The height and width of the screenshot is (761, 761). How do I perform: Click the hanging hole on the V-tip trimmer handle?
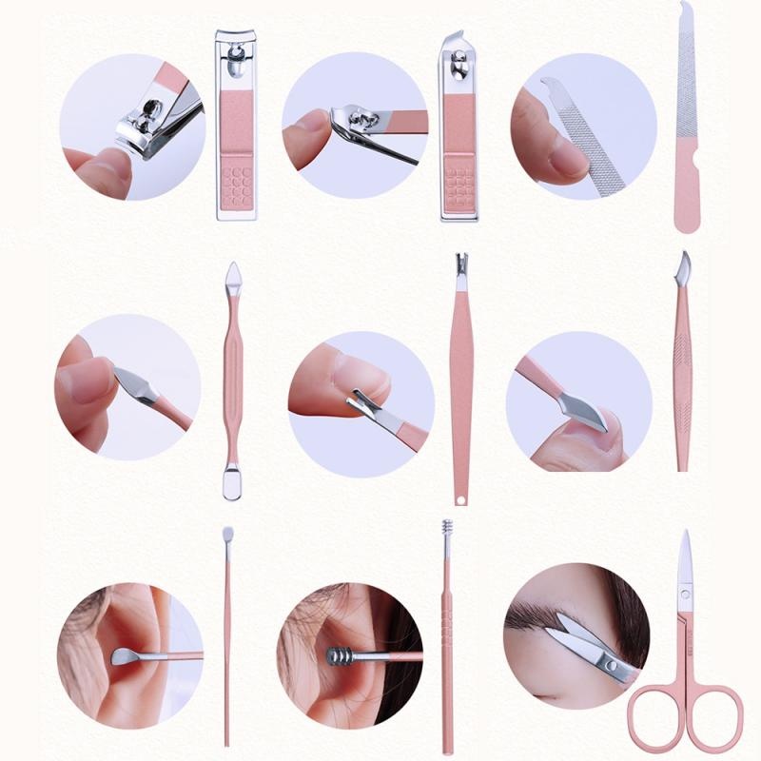click(461, 496)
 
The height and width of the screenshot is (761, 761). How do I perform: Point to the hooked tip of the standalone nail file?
click(684, 11)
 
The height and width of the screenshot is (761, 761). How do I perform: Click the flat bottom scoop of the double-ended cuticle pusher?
click(232, 481)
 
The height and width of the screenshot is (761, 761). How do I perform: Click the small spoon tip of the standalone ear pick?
click(227, 537)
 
